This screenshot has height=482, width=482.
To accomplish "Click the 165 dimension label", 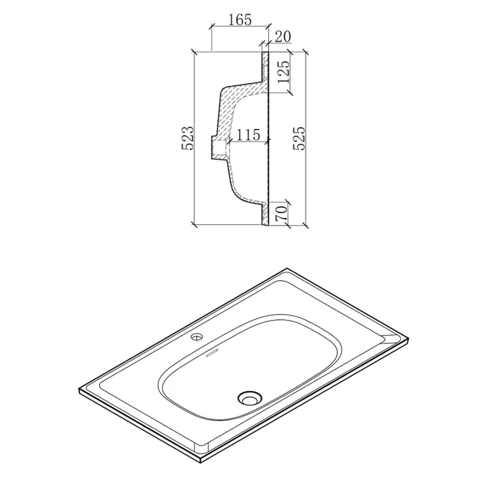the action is [240, 20].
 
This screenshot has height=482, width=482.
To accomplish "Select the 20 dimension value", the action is [283, 37].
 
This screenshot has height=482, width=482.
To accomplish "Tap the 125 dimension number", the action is [283, 72].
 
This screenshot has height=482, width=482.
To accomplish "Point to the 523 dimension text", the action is [187, 138].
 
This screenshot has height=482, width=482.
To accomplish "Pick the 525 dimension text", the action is [299, 138].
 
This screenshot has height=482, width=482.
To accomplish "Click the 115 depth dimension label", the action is [248, 134].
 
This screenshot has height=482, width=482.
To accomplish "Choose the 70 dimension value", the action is [281, 213].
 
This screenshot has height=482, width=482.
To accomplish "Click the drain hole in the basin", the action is [249, 398].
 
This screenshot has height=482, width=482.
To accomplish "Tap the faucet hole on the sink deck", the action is [197, 337].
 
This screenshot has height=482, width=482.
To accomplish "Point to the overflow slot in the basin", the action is [212, 354].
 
